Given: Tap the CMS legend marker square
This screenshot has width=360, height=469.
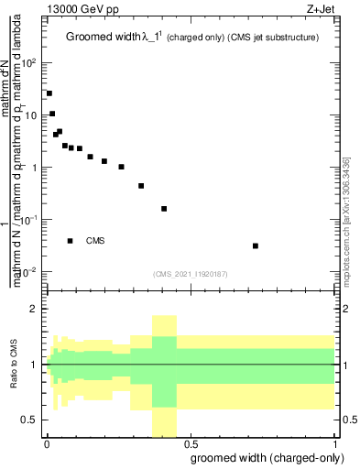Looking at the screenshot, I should click(70, 241).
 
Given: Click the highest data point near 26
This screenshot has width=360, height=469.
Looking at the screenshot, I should click(49, 93).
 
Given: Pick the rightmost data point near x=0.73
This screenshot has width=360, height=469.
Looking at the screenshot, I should click(255, 245).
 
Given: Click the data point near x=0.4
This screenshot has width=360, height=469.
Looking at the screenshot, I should click(164, 209).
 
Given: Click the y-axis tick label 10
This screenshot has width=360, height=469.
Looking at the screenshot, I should click(31, 115).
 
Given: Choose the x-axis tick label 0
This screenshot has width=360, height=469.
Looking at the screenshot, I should click(46, 444).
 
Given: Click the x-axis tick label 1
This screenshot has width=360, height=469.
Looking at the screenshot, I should click(334, 444).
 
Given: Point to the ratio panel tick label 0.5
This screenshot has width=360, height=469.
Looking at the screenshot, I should click(31, 420).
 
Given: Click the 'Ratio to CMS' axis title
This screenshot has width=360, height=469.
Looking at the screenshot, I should click(14, 365).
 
